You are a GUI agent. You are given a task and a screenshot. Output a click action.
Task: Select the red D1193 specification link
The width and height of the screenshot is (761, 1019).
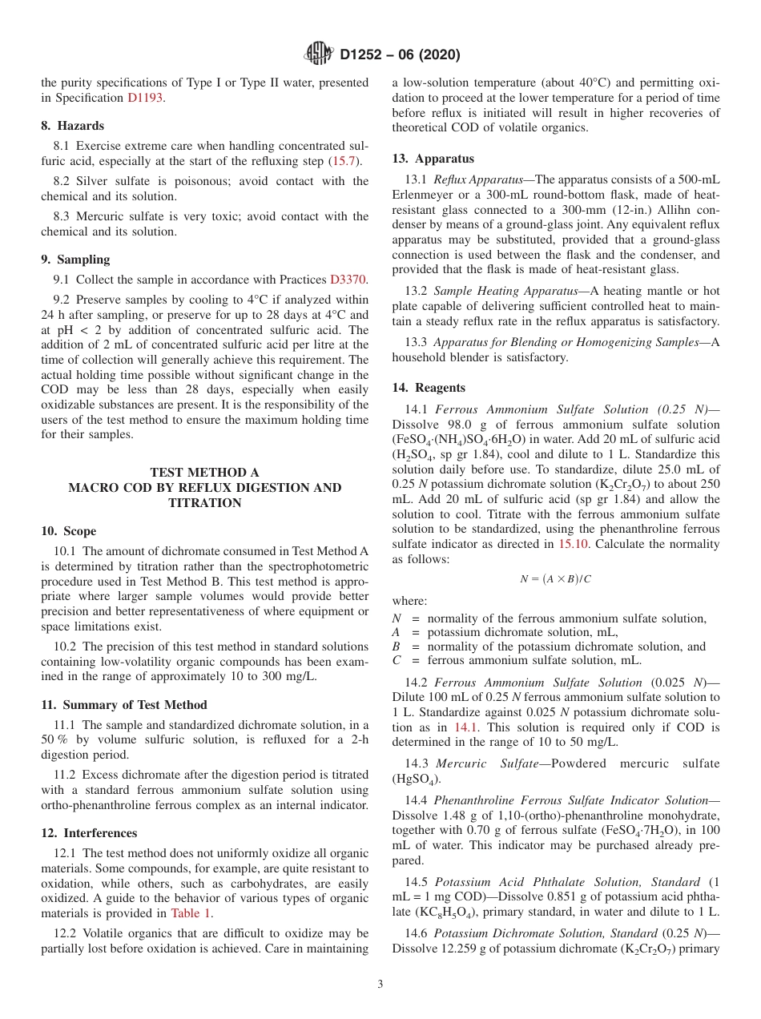tap(147, 98)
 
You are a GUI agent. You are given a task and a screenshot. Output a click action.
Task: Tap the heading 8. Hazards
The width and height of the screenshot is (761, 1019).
tap(72, 126)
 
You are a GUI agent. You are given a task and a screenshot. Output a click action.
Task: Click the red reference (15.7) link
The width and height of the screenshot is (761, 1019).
tap(345, 161)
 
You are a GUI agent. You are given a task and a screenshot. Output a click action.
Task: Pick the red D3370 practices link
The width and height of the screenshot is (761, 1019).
tap(348, 280)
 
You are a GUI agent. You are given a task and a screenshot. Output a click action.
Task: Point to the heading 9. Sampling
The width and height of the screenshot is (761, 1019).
tap(75, 260)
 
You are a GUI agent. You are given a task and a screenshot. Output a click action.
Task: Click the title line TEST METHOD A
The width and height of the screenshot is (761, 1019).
tap(204, 473)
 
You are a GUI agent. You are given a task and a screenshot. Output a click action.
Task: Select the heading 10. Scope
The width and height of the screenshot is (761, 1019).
tap(68, 531)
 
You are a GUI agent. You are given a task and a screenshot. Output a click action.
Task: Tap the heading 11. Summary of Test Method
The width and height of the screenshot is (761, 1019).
tap(124, 705)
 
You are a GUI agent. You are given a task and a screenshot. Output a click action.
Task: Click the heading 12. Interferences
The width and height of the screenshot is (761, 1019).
tap(89, 833)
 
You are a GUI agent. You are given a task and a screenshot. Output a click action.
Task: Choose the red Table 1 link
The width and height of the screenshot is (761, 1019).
tap(191, 912)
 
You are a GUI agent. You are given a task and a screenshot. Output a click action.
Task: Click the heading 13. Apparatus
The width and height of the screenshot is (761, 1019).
tap(433, 159)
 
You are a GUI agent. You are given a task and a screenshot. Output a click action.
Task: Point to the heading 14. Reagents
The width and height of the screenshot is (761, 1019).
tap(429, 388)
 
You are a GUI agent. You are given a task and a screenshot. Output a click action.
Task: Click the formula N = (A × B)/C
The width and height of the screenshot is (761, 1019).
tap(555, 578)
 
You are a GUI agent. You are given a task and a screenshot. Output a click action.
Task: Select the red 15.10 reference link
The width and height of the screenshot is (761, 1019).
tap(573, 544)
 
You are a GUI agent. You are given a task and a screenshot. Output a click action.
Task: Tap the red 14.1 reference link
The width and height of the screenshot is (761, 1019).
tap(466, 727)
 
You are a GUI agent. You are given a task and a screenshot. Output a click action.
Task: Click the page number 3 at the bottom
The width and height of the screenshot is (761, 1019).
tap(380, 985)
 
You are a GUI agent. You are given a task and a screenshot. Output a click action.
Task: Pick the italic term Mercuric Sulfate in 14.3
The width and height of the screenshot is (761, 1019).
tap(487, 763)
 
